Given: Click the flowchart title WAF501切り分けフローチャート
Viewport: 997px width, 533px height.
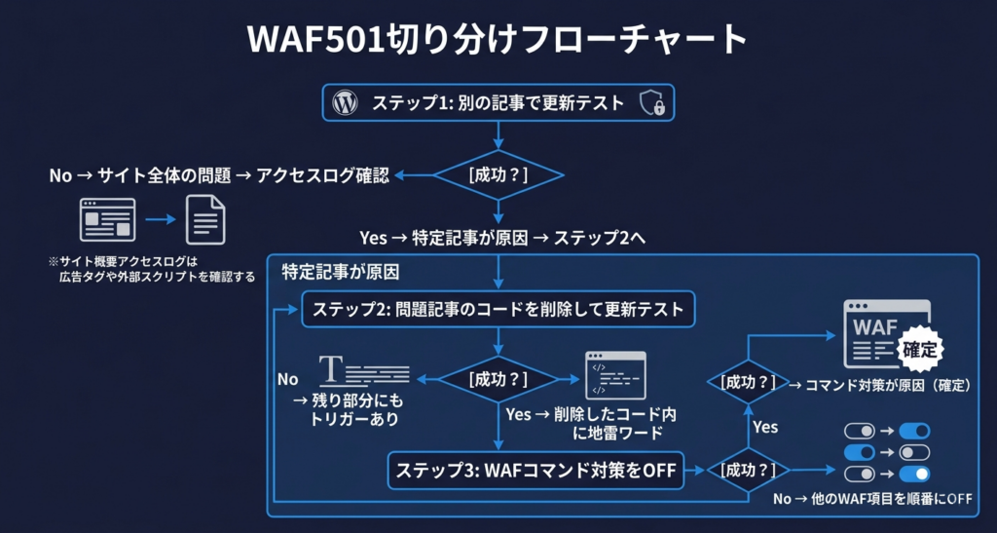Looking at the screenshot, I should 498,41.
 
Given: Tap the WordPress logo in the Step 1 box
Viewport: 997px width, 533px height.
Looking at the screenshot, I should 344,102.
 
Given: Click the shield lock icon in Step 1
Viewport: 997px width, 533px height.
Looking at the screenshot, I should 651,103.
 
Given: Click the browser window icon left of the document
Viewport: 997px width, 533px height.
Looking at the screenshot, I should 107,219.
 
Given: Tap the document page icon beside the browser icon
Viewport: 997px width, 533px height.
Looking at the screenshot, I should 204,219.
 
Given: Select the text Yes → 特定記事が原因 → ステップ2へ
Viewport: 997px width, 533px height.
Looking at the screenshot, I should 498,238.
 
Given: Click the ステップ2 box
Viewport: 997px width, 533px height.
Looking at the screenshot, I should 498,310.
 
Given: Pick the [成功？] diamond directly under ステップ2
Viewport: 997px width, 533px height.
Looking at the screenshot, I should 498,378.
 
